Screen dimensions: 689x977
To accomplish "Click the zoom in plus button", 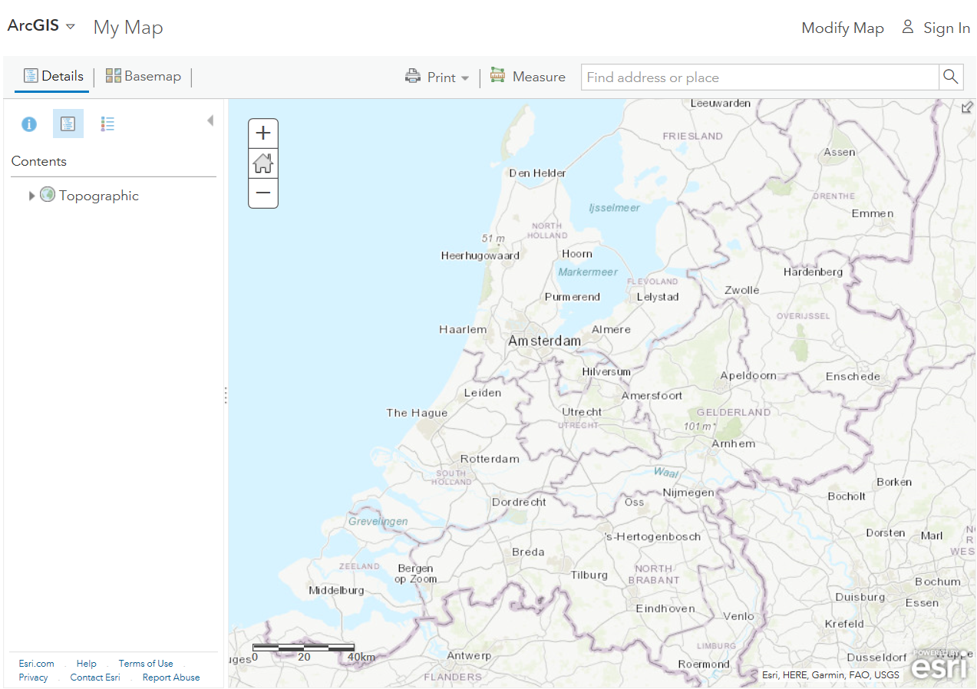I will pyautogui.click(x=263, y=133).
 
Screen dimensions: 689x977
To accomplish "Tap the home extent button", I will pyautogui.click(x=263, y=163).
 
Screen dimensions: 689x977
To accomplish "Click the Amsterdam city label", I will pyautogui.click(x=544, y=341).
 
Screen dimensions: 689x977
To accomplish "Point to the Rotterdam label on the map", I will pyautogui.click(x=490, y=459).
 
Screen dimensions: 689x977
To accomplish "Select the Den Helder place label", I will pyautogui.click(x=537, y=173).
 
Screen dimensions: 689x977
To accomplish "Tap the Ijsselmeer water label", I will pyautogui.click(x=614, y=208).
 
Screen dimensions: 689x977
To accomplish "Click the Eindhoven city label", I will pyautogui.click(x=665, y=608).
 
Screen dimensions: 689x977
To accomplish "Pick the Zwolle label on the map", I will pyautogui.click(x=741, y=290).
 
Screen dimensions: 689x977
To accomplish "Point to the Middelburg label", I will pyautogui.click(x=336, y=590).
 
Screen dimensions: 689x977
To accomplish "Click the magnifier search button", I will pyautogui.click(x=951, y=77).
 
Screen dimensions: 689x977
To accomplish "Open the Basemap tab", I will pyautogui.click(x=144, y=76).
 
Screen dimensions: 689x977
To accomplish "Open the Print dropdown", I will pyautogui.click(x=437, y=77).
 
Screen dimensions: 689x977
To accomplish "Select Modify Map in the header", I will pyautogui.click(x=843, y=28).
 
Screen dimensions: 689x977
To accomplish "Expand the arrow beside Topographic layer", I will pyautogui.click(x=31, y=196).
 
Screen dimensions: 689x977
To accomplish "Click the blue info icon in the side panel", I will pyautogui.click(x=29, y=124).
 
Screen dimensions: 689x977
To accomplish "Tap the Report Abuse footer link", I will pyautogui.click(x=171, y=677).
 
